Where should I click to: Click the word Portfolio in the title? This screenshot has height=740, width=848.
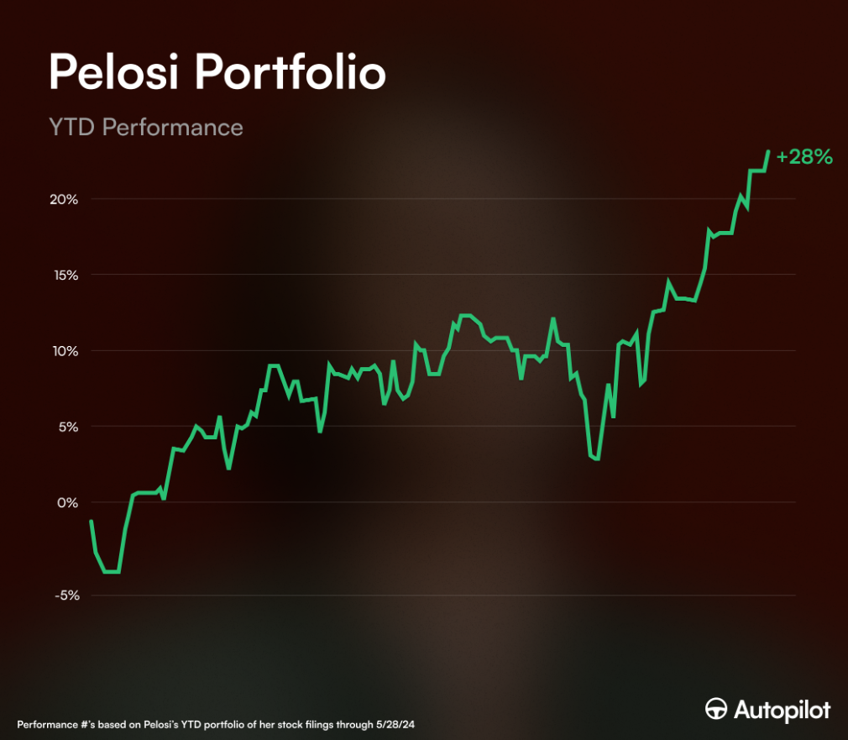tap(291, 73)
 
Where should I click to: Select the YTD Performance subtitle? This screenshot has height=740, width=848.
tap(146, 128)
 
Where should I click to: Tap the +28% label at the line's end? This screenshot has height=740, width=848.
tap(804, 157)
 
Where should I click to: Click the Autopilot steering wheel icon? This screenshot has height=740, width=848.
tap(716, 709)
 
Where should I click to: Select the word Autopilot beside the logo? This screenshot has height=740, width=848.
tap(782, 710)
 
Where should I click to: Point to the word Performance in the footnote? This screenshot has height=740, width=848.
tap(50, 723)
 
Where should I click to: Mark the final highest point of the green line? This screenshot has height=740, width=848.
tap(768, 152)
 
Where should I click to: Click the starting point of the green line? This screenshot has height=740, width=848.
tap(91, 522)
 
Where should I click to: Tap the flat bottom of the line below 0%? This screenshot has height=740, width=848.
tap(112, 571)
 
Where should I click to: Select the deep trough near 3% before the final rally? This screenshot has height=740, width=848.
tap(595, 459)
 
